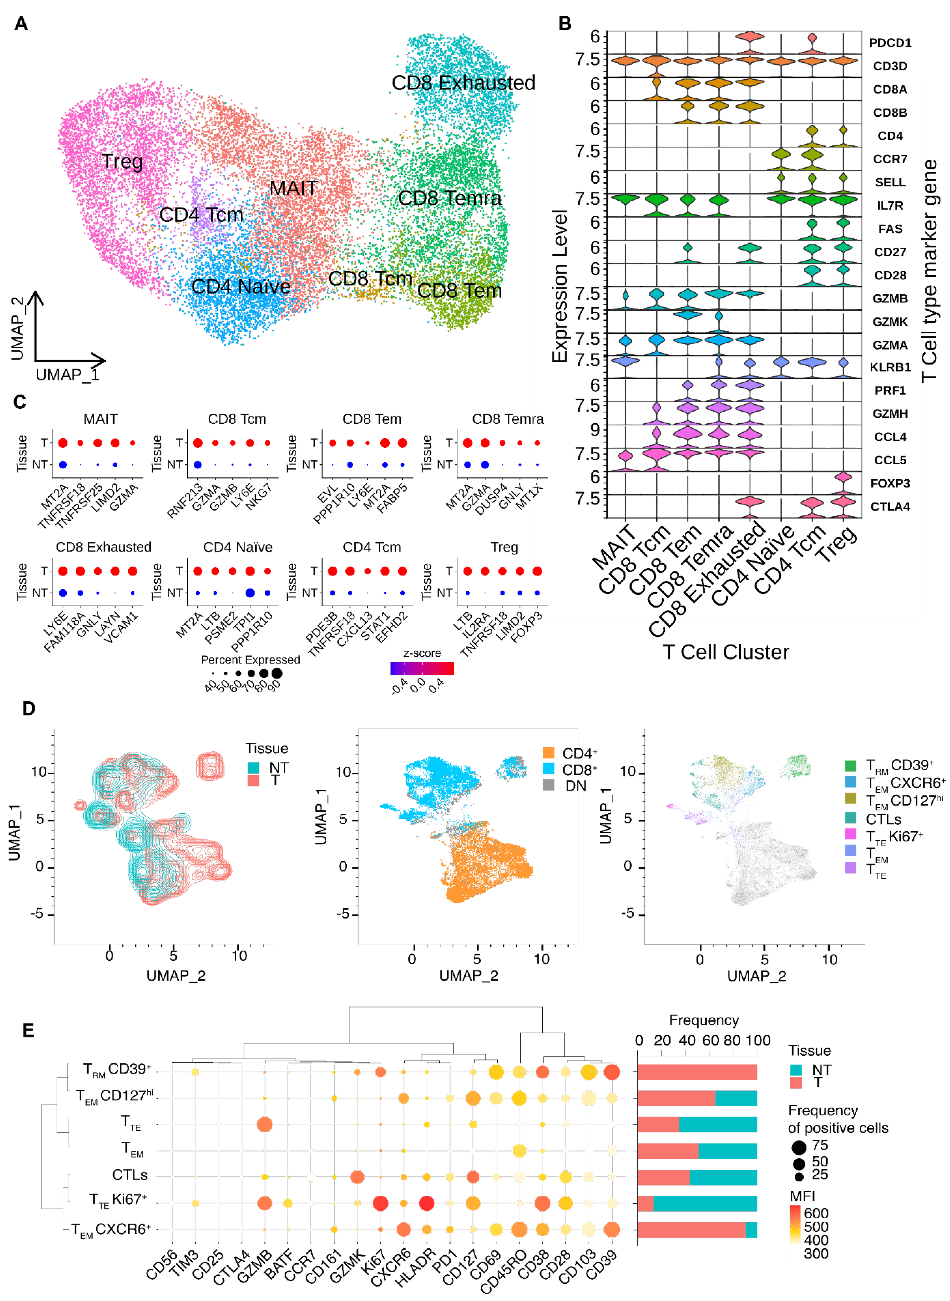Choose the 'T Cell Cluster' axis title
[x=726, y=652]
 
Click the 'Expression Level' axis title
[x=560, y=286]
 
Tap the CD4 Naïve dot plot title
[x=238, y=547]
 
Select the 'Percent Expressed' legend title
[x=250, y=660]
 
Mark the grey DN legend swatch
[x=549, y=785]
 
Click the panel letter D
[x=28, y=708]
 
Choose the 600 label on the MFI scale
[x=816, y=1213]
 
